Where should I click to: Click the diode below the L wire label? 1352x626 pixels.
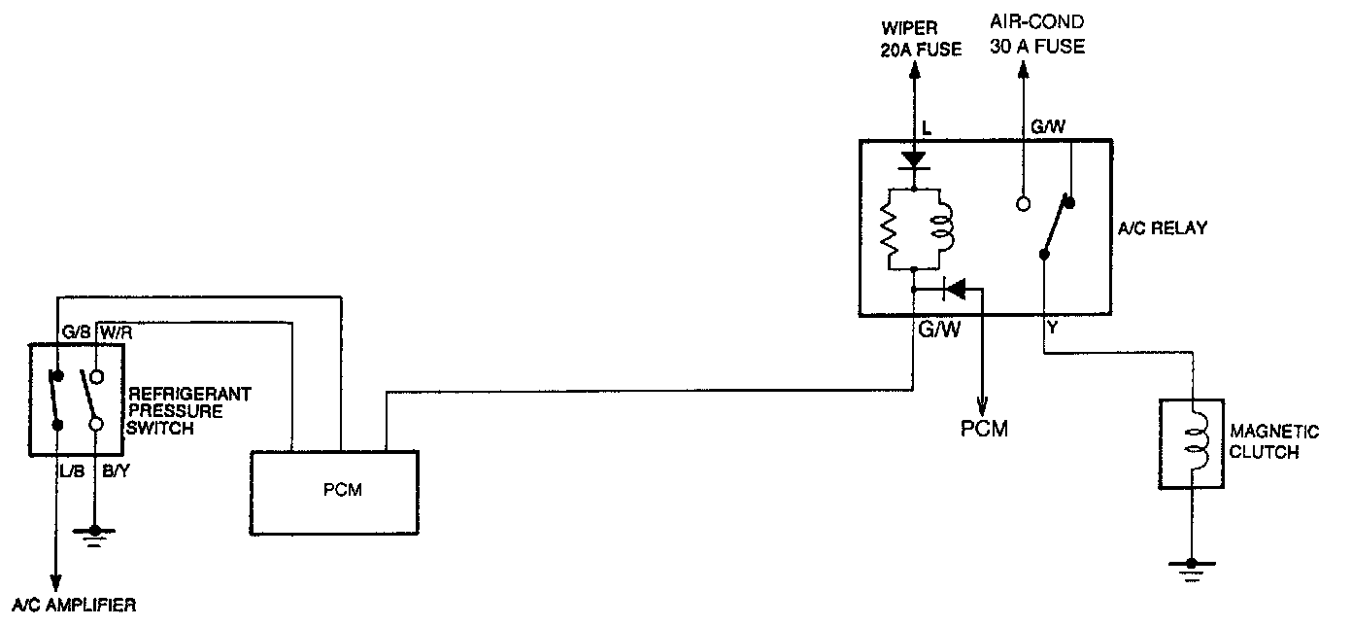[x=913, y=158]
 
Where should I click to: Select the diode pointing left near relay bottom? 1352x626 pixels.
[x=956, y=288]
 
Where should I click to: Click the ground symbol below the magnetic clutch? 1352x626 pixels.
[x=1192, y=566]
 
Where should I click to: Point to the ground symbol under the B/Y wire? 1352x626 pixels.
[x=96, y=534]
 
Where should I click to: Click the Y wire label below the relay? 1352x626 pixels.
[x=1053, y=330]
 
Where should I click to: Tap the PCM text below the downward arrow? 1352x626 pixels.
[x=984, y=428]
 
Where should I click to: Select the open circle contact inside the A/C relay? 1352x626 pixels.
[x=1023, y=204]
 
